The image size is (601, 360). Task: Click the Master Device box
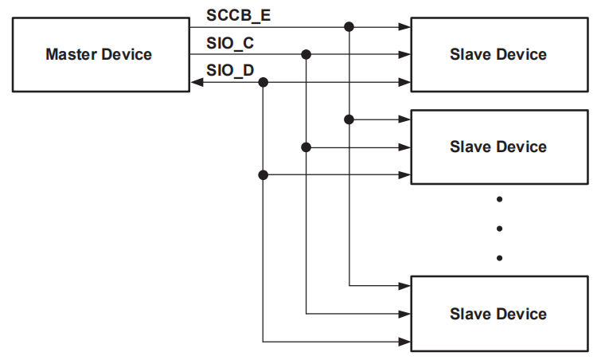pyautogui.click(x=100, y=55)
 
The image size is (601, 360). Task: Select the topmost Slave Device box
pyautogui.click(x=498, y=55)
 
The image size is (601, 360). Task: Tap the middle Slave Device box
pyautogui.click(x=498, y=147)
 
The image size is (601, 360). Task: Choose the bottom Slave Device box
pyautogui.click(x=498, y=313)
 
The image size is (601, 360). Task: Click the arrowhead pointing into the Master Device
pyautogui.click(x=196, y=82)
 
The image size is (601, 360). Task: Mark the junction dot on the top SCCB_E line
pyautogui.click(x=349, y=26)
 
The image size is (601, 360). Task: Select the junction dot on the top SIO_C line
pyautogui.click(x=306, y=54)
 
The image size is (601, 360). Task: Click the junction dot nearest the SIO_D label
pyautogui.click(x=263, y=82)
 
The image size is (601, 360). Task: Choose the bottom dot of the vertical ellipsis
pyautogui.click(x=499, y=257)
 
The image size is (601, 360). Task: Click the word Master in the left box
pyautogui.click(x=70, y=55)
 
